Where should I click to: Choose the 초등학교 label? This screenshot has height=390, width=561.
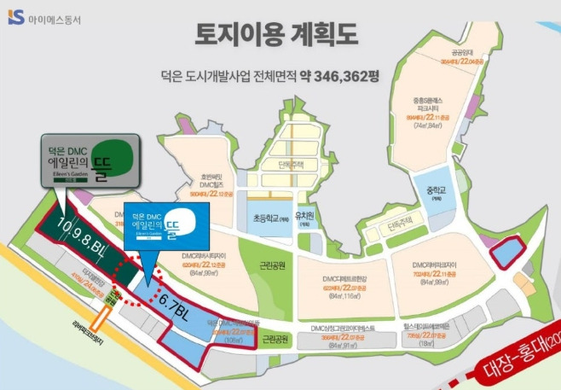(x=270, y=215)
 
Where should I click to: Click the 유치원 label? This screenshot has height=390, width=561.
(x=304, y=215)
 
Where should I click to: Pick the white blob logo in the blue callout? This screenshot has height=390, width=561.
(x=184, y=221)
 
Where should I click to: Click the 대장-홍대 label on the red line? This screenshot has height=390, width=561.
(x=515, y=348)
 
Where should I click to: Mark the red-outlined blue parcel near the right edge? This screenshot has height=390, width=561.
(x=511, y=253)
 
